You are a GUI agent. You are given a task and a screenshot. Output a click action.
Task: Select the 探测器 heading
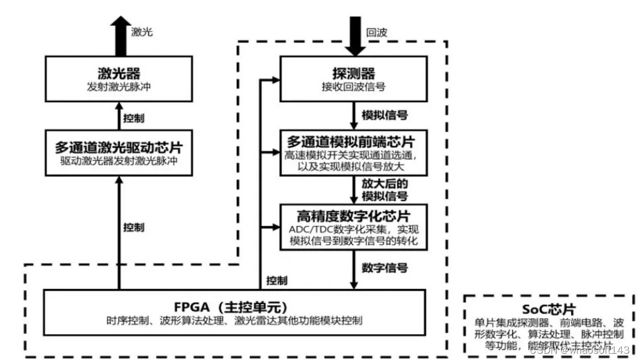click(353, 72)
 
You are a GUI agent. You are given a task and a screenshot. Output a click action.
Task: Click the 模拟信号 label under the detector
click(385, 115)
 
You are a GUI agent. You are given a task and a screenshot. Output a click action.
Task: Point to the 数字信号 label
click(385, 268)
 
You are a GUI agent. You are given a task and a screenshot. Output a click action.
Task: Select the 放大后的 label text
click(385, 183)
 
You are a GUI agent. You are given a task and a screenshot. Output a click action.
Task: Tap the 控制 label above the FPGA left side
click(134, 227)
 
